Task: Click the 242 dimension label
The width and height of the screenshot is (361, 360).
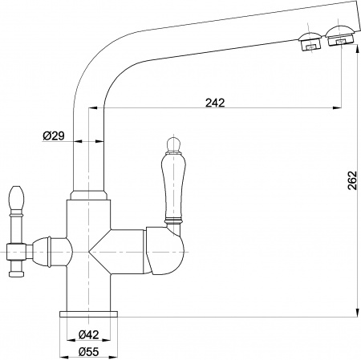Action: click(215, 103)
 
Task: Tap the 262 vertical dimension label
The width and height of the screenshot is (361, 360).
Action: click(352, 180)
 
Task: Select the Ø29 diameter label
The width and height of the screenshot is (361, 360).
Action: click(54, 136)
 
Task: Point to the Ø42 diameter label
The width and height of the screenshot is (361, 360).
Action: click(88, 334)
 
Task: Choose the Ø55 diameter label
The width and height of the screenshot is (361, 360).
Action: click(88, 352)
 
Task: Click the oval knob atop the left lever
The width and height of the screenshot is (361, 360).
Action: click(16, 199)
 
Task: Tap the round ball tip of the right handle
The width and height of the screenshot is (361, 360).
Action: click(173, 144)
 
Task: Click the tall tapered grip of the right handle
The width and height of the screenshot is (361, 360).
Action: click(173, 187)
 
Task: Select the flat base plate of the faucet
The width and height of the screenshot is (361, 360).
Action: click(88, 314)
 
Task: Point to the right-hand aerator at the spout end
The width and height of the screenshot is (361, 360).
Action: click(341, 35)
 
